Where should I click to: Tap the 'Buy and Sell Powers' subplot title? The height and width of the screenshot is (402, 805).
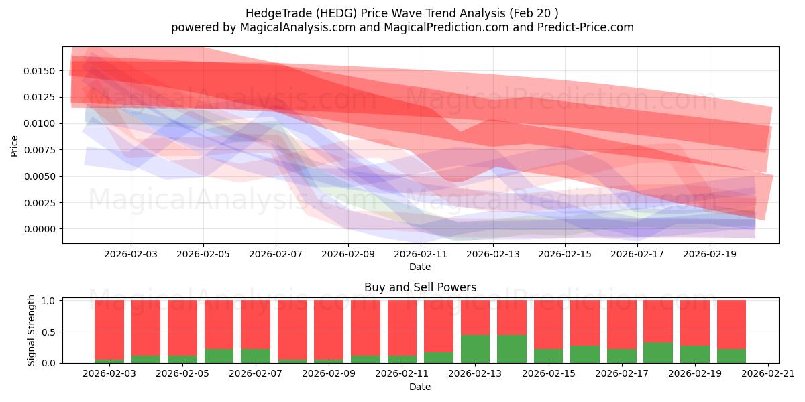pyautogui.click(x=420, y=287)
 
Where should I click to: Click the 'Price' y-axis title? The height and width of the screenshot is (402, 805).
pyautogui.click(x=15, y=145)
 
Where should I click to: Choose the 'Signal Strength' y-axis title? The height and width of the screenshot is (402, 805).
pyautogui.click(x=32, y=330)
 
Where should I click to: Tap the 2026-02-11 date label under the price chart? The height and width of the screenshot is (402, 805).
pyautogui.click(x=420, y=254)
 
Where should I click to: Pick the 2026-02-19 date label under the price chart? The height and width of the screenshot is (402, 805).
pyautogui.click(x=710, y=254)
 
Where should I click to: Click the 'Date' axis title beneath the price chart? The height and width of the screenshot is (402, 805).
pyautogui.click(x=420, y=267)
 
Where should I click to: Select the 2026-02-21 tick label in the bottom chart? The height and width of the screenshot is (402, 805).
pyautogui.click(x=767, y=374)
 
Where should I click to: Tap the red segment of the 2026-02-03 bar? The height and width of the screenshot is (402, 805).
pyautogui.click(x=109, y=328)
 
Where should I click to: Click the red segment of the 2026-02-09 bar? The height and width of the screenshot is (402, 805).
pyautogui.click(x=329, y=328)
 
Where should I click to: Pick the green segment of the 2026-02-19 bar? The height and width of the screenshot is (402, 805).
pyautogui.click(x=694, y=354)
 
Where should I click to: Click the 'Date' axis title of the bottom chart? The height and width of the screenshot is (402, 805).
pyautogui.click(x=420, y=387)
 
